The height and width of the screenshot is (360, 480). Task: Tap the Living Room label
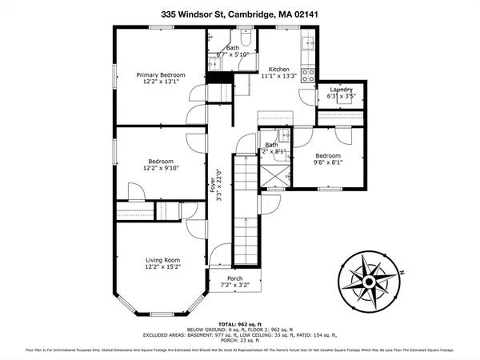162,260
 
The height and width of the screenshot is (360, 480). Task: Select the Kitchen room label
279,69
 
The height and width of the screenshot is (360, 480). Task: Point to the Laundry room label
342,90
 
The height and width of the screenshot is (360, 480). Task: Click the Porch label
235,278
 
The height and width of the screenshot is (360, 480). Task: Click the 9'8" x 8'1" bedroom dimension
327,162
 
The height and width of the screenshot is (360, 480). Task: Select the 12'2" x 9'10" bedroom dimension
157,167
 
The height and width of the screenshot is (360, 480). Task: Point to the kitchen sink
308,42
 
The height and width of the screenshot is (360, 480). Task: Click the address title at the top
239,14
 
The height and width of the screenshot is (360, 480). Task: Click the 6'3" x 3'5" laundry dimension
342,97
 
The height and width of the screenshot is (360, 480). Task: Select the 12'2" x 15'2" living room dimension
162,267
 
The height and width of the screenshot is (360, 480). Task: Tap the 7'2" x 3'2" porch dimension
235,284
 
